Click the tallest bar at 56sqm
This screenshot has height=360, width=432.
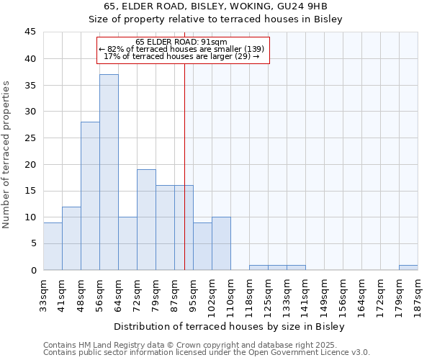point(109,172)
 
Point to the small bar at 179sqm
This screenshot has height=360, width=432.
point(408,268)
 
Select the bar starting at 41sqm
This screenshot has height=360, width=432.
point(71,238)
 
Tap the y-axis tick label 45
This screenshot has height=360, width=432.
point(30,32)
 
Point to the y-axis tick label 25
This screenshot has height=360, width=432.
point(30,138)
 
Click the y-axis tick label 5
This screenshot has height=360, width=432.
point(32,244)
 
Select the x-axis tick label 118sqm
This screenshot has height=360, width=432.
point(249,295)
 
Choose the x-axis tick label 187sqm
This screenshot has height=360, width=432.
point(418,295)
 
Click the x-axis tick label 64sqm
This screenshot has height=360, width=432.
point(118,295)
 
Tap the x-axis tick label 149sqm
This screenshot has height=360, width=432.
point(324,295)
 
